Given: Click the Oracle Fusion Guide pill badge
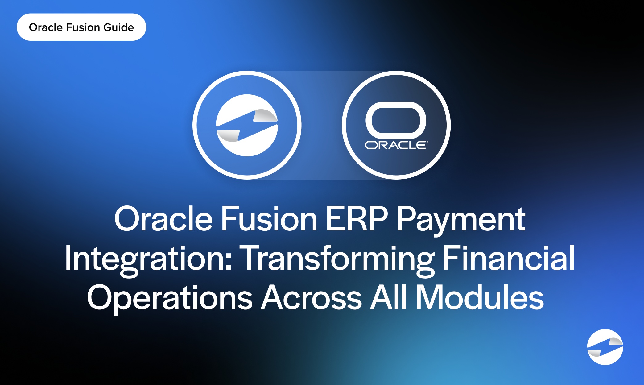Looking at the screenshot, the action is click(x=81, y=27).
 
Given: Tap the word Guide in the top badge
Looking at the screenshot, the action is click(x=119, y=27).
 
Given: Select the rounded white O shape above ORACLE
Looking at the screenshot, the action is click(x=396, y=120).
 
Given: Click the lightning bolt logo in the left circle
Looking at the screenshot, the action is click(x=247, y=125).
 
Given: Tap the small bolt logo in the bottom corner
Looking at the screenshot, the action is click(x=605, y=347).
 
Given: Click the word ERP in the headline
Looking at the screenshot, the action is click(x=357, y=219).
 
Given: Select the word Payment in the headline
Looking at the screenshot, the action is click(x=461, y=221).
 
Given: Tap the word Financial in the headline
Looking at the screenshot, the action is click(x=509, y=258).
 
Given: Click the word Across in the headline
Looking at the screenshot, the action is click(x=312, y=297).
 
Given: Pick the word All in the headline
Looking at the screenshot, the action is click(x=388, y=296).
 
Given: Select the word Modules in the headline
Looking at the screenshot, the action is click(x=480, y=296).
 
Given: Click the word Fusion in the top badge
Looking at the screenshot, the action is click(x=83, y=27).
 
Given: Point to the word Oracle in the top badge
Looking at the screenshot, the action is click(x=46, y=27).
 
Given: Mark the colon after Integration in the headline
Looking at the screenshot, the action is click(x=229, y=262).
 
